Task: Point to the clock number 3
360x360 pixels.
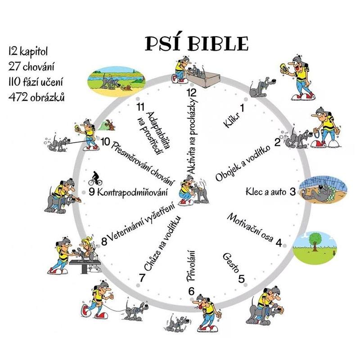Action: (x=292, y=192)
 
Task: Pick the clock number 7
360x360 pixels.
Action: (x=142, y=278)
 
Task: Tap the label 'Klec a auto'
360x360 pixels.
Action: (x=266, y=193)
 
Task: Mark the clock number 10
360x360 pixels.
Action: (x=106, y=142)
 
